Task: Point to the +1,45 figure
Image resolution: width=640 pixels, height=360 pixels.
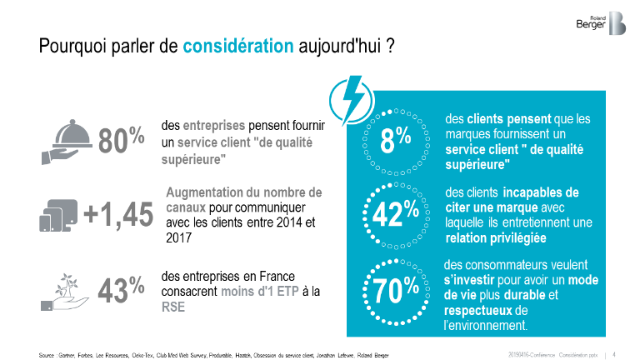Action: coord(118,215)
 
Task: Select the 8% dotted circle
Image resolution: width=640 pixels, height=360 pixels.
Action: coord(394,142)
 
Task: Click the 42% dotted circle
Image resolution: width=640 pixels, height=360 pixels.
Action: coord(394,214)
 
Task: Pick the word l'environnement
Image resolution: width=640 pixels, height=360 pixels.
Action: coord(487,325)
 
